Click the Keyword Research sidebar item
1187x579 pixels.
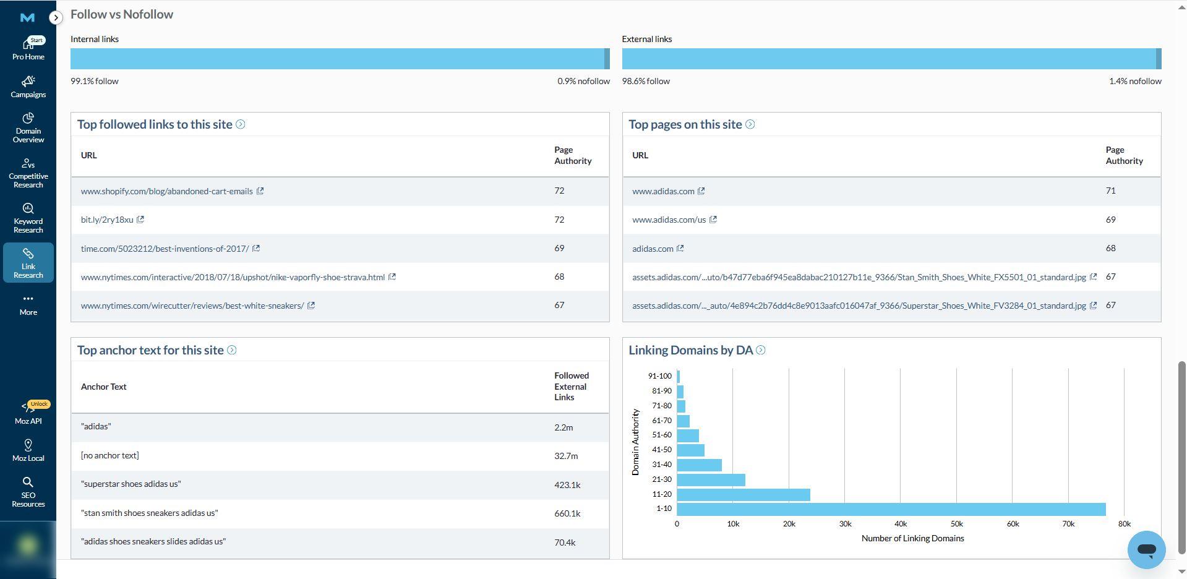[x=28, y=218]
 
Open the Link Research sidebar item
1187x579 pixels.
[x=28, y=264]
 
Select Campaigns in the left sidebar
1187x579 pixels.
[x=28, y=87]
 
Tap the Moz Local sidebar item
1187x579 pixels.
[x=28, y=451]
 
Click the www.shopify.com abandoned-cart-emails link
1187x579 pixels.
[x=166, y=191]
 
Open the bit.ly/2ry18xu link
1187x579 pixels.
[x=107, y=220]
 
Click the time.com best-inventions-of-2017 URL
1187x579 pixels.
[x=165, y=249]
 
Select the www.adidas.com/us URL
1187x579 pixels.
[x=669, y=220]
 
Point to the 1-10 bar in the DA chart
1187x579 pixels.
[x=891, y=509]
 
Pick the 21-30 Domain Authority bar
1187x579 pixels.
[x=711, y=479]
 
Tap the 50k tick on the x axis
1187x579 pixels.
[x=956, y=524]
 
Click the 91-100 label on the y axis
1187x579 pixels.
[x=659, y=376]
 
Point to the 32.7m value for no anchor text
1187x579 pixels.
[x=566, y=456]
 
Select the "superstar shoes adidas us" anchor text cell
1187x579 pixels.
[x=131, y=484]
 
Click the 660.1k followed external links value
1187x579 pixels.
[x=567, y=513]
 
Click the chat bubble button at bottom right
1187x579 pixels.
[x=1146, y=549]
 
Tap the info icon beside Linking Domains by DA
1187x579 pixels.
[x=761, y=350]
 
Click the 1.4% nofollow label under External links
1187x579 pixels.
[x=1135, y=81]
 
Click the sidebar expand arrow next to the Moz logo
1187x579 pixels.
[x=56, y=17]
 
